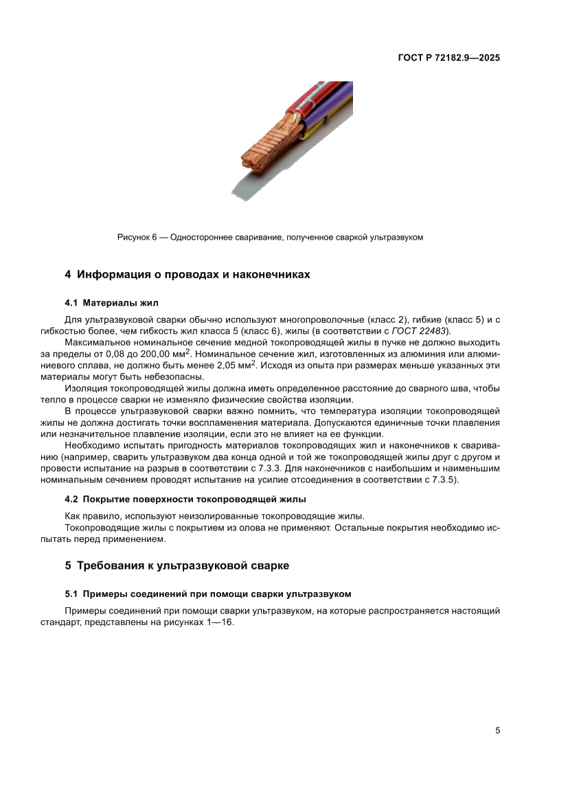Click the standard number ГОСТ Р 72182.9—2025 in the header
448,58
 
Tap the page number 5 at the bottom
497,730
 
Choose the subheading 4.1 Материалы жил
111,302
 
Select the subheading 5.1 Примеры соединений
207,593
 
